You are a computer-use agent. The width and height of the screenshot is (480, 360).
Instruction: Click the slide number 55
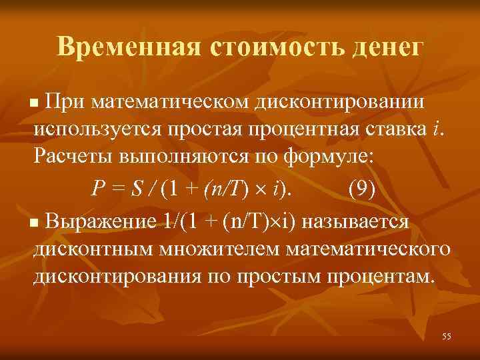point(446,337)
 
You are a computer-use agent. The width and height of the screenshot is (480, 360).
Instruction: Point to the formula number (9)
point(362,189)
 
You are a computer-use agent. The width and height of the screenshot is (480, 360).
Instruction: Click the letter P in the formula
point(98,189)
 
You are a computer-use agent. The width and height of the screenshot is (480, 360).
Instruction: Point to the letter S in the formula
point(136,189)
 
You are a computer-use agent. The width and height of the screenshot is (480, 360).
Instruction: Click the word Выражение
point(99,220)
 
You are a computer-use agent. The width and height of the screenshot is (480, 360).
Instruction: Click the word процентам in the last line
point(381,276)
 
